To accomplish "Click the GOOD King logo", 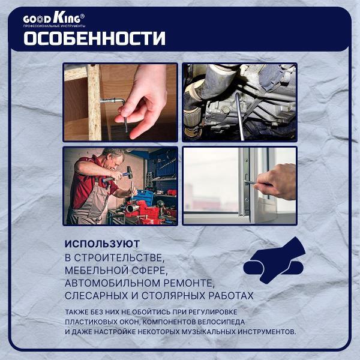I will point(54,19).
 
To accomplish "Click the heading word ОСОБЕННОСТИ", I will point(94,38).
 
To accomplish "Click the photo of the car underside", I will point(239,102).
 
